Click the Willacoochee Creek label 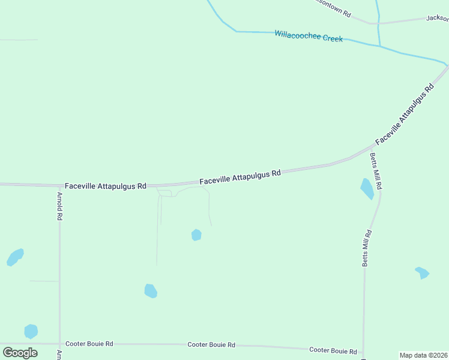[309, 36]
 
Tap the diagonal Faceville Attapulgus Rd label [405, 114]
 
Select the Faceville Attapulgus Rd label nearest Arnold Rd [106, 186]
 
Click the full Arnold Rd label [60, 206]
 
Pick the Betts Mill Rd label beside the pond [375, 172]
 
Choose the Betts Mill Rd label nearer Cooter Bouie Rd [366, 248]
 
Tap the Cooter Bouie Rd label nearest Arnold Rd [89, 344]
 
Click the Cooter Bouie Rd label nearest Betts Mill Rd [333, 350]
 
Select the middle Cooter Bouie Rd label [211, 345]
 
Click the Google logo [20, 352]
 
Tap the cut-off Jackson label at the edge [437, 19]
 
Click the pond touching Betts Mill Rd [367, 188]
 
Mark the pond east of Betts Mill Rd [422, 272]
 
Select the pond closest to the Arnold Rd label [15, 257]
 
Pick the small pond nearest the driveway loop [196, 235]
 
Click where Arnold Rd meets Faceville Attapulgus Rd [59, 185]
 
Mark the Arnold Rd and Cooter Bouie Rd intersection [59, 344]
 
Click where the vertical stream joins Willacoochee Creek [379, 46]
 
